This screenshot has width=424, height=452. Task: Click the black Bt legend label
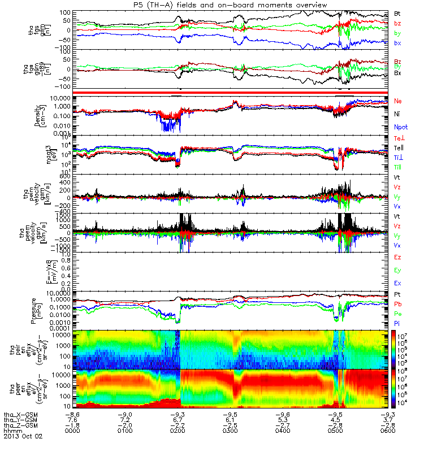click(x=397, y=13)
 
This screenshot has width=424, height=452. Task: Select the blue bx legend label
click(x=397, y=43)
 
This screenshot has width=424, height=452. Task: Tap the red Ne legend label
click(x=397, y=101)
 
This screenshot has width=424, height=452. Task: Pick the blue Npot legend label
click(x=401, y=127)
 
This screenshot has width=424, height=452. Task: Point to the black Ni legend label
click(x=397, y=114)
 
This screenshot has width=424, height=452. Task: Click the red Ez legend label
click(x=397, y=257)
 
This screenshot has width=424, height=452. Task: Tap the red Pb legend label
click(x=397, y=304)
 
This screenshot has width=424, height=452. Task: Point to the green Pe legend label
click(x=397, y=313)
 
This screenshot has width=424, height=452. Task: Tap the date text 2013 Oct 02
click(x=23, y=436)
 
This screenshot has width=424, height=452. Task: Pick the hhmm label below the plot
click(x=12, y=431)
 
